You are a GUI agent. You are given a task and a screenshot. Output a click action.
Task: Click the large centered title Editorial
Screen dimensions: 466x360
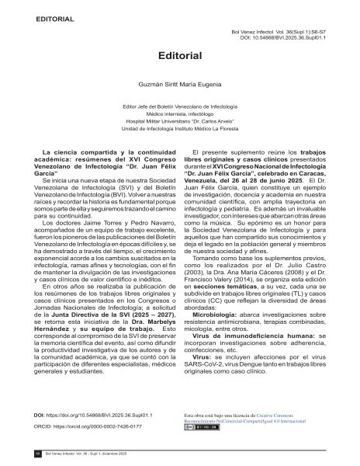(180, 56)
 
